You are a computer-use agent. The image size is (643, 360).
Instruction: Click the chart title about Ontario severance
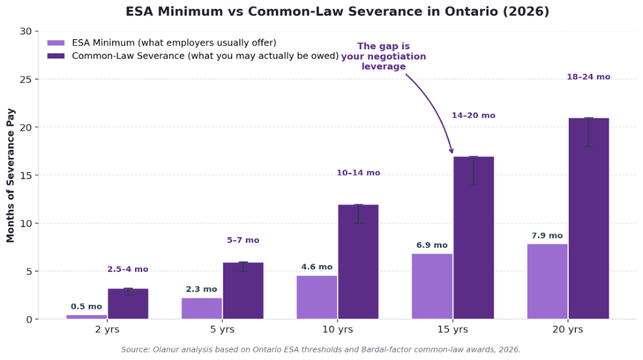(337, 11)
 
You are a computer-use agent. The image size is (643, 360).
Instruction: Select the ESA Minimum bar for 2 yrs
(86, 316)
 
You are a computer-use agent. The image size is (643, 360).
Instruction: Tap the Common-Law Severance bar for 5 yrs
(243, 291)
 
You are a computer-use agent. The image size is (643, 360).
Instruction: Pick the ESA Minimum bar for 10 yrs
(316, 297)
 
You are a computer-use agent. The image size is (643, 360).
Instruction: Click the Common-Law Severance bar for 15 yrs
(473, 237)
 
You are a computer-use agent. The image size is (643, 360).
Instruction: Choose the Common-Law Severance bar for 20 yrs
(589, 218)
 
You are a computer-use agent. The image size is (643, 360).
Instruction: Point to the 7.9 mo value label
(547, 236)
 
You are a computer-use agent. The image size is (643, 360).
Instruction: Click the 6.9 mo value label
(432, 246)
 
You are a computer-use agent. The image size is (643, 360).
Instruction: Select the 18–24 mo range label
(588, 77)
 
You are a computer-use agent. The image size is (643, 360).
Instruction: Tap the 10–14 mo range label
(358, 173)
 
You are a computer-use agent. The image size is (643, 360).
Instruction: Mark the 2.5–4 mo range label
(128, 269)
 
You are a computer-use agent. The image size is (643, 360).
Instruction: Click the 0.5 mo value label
(86, 306)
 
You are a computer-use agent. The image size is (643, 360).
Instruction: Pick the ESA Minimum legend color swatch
(56, 44)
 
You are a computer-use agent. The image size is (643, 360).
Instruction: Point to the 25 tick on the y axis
(26, 79)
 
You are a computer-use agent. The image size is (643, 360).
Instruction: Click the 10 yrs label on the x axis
(337, 329)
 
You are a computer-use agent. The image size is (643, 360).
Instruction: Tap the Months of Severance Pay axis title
(11, 175)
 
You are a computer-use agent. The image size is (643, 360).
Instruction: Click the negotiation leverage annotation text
(383, 56)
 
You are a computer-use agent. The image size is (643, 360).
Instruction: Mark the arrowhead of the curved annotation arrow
(452, 151)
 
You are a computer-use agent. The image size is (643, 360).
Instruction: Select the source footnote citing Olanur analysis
(321, 350)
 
